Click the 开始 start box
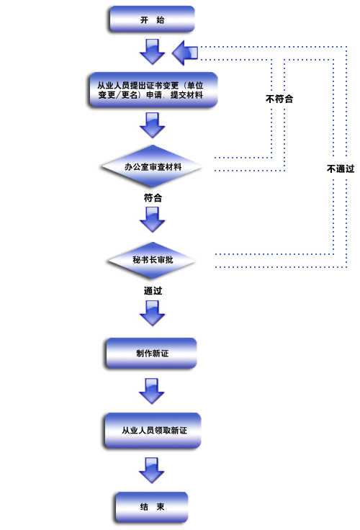[x=152, y=19]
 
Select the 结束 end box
[x=152, y=507]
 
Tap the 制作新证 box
[x=151, y=354]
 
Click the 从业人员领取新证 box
[x=153, y=431]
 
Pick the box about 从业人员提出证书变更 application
[x=153, y=90]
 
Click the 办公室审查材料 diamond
[x=152, y=166]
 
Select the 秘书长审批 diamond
[x=152, y=260]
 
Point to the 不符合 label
[x=279, y=99]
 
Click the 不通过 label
[x=341, y=169]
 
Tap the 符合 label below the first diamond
[x=153, y=198]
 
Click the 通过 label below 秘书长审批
[x=153, y=291]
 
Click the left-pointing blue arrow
[x=185, y=53]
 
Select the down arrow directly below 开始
[x=152, y=51]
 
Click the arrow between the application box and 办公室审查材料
[x=152, y=125]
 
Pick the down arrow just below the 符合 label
[x=152, y=220]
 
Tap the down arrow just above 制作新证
[x=152, y=313]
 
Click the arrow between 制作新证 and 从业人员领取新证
[x=151, y=391]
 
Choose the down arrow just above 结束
[x=151, y=470]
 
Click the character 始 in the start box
[x=161, y=20]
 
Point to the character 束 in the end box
[x=161, y=507]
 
